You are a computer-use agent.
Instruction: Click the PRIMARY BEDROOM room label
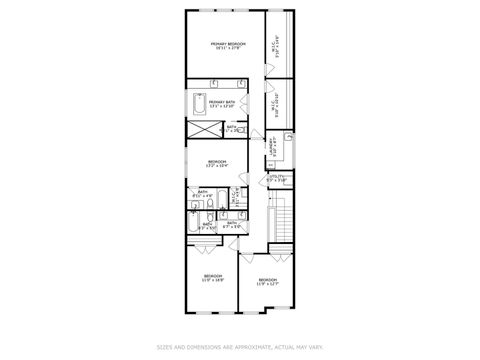pyautogui.click(x=227, y=43)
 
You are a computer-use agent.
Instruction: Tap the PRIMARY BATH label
pyautogui.click(x=222, y=103)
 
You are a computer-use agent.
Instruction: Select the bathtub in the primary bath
pyautogui.click(x=196, y=105)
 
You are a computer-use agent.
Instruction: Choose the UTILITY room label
pyautogui.click(x=276, y=177)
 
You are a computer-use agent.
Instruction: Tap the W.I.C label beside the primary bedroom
pyautogui.click(x=275, y=45)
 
